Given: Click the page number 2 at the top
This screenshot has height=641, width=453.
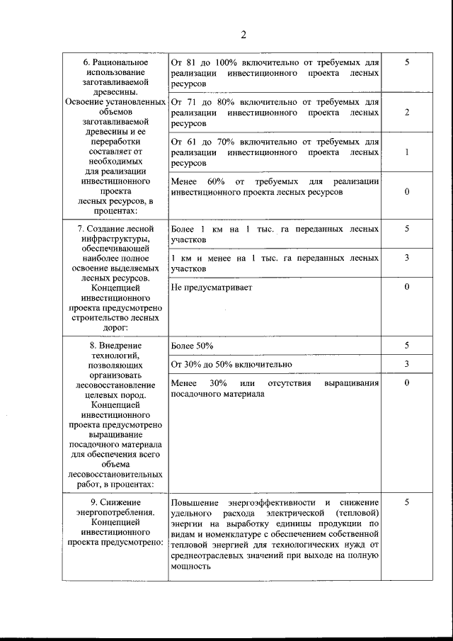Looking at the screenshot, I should coord(243,35).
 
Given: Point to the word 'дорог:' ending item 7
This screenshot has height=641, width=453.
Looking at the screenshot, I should coord(113,328).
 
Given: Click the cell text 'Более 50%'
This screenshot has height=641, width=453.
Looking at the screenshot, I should coord(193,345).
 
